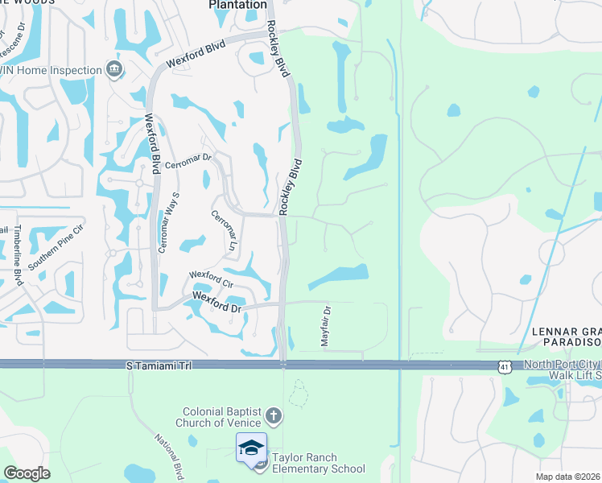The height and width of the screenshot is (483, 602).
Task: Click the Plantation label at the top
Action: tap(237, 5)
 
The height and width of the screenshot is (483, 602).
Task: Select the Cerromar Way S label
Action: tap(169, 223)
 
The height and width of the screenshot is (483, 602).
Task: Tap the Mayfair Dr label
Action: tap(326, 326)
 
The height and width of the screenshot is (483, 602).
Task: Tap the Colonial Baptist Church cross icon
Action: tap(274, 416)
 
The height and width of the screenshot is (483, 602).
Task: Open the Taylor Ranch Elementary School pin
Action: tap(252, 448)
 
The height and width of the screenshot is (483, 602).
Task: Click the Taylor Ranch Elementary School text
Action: tap(318, 463)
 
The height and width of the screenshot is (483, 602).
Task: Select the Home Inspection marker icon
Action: tap(113, 70)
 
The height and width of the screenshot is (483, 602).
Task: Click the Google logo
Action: tap(27, 473)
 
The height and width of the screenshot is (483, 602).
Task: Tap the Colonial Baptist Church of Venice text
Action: tap(221, 417)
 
